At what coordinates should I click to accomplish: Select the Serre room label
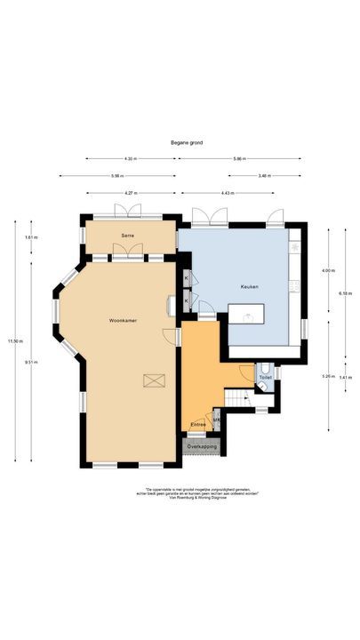pos(128,235)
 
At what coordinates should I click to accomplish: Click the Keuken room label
pos(248,287)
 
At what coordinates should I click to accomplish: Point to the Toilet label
pos(265,378)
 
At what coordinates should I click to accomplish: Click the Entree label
pos(198,424)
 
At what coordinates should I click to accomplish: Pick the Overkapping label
pos(203,446)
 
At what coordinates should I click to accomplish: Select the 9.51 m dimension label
pos(32,362)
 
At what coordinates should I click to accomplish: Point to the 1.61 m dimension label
pos(32,237)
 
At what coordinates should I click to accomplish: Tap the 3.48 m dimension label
pos(264,175)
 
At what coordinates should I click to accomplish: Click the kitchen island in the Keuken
pos(247,314)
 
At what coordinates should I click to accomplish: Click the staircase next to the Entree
pos(238,397)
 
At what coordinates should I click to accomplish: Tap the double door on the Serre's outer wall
pos(128,212)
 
